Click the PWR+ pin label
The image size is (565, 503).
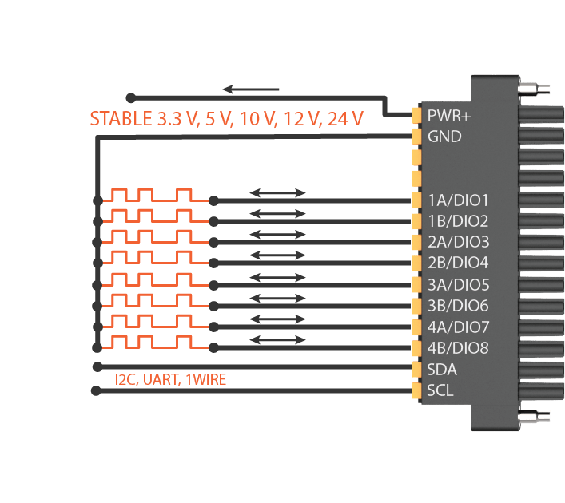click(449, 116)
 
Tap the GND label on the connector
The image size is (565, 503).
click(444, 137)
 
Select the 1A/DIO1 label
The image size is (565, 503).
click(458, 200)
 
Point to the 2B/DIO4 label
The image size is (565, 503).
click(459, 263)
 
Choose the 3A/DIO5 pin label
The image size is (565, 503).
click(459, 284)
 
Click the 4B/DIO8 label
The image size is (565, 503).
click(459, 348)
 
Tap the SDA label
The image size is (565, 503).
click(442, 370)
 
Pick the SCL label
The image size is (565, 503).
click(440, 391)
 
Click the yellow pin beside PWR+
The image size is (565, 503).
click(416, 116)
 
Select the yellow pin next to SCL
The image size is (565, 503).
click(416, 391)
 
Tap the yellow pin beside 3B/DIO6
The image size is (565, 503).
click(416, 306)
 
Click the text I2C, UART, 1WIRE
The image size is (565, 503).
click(170, 380)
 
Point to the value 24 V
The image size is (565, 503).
click(344, 120)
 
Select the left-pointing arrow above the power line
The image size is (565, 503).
click(251, 89)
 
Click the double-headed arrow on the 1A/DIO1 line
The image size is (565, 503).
click(277, 192)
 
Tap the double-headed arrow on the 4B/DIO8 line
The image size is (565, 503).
click(277, 339)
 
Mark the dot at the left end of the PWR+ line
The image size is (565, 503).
click(131, 97)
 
